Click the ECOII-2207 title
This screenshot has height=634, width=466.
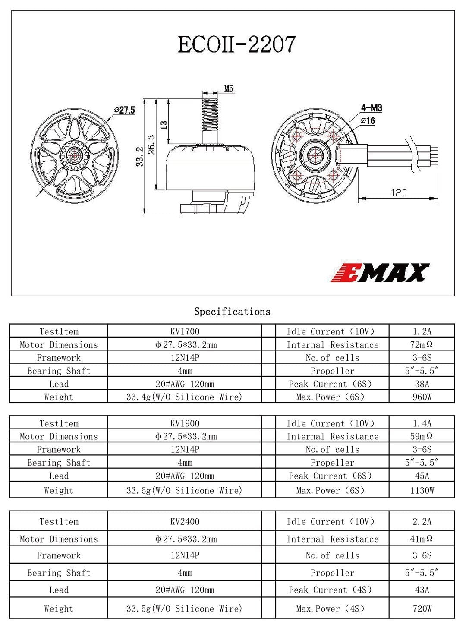[237, 44]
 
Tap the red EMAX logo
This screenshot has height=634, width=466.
[380, 272]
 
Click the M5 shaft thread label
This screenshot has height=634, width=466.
[229, 89]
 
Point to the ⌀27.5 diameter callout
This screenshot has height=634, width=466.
[125, 110]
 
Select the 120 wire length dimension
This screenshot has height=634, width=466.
[398, 192]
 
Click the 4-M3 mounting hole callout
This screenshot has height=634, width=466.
[371, 108]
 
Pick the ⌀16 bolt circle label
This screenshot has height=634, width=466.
[368, 121]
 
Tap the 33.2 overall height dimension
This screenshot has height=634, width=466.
[139, 156]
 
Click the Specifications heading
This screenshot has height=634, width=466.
[232, 312]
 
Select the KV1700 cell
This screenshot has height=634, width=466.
[185, 331]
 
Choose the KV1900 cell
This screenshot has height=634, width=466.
[185, 423]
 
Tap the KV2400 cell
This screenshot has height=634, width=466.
[185, 521]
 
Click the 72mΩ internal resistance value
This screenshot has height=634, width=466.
[422, 344]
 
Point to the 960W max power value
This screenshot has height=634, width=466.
[422, 397]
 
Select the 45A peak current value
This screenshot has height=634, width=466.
[422, 476]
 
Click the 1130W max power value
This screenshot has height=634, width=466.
[422, 490]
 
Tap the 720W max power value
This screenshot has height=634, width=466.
[422, 609]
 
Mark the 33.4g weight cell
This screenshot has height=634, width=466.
[184, 397]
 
